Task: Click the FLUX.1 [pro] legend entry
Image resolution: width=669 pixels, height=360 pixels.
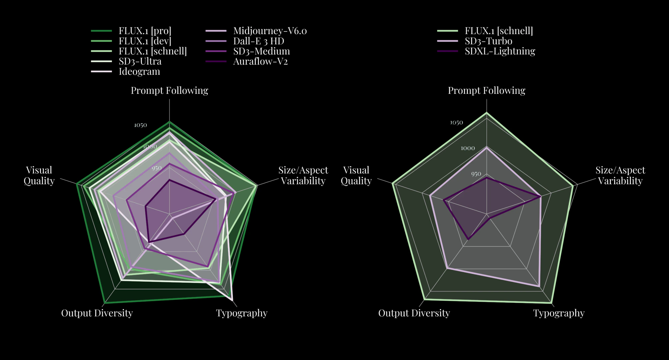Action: [145, 31]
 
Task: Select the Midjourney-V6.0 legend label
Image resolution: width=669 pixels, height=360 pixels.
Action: [269, 31]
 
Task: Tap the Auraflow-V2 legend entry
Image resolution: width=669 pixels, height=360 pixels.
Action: [260, 62]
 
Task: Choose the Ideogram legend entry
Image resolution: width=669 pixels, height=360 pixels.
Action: [139, 72]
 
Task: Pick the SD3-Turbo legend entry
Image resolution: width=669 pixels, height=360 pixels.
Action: [488, 41]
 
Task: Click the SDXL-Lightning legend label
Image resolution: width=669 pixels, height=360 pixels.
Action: [500, 51]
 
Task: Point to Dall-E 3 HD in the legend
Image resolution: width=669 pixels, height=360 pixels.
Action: [258, 41]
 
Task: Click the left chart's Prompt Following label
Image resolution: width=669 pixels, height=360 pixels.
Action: [169, 91]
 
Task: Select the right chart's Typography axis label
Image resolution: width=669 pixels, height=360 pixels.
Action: [559, 313]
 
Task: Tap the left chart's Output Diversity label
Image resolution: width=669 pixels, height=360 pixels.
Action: [97, 313]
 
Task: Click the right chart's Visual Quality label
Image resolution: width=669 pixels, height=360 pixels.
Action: [356, 175]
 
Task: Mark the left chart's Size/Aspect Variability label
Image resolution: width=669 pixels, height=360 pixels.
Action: [303, 175]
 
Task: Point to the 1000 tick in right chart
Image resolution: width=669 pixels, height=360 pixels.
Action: [468, 148]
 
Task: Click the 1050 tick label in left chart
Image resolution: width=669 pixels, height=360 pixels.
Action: [140, 125]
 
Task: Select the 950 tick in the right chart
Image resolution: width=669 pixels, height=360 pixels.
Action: [476, 174]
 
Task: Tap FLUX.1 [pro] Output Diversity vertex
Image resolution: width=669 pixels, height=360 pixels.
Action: [104, 303]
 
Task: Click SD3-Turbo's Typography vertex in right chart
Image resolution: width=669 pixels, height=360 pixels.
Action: [539, 286]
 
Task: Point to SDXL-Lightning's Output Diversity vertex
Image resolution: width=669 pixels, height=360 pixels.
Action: [468, 239]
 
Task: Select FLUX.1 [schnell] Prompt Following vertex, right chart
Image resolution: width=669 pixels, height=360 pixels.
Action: [487, 113]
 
